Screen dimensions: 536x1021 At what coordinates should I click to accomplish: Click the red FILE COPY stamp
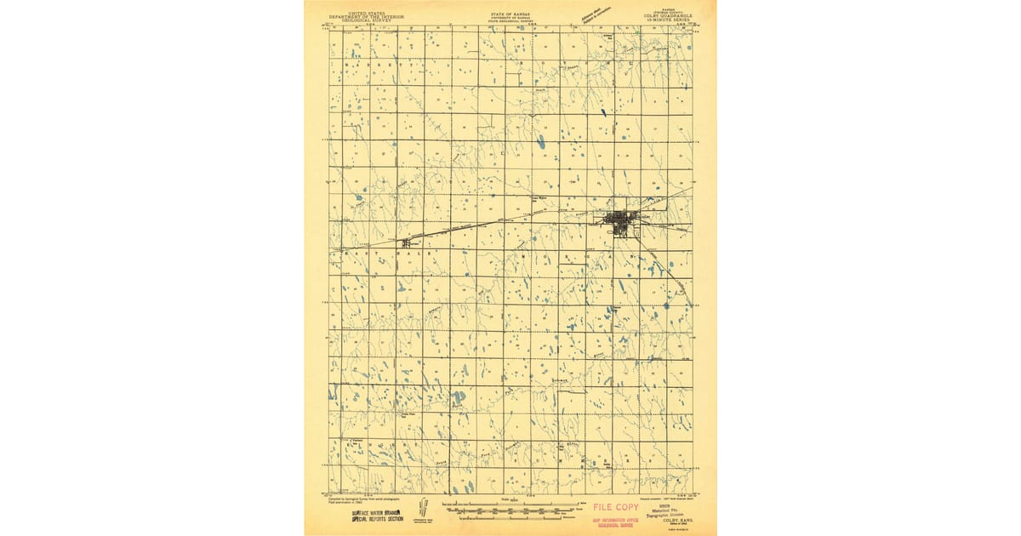[x=615, y=508]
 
